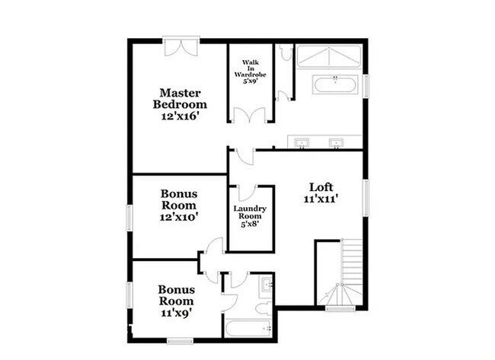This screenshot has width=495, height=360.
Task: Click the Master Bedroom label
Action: tap(179, 98)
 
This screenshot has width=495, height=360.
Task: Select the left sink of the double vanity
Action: tap(303, 142)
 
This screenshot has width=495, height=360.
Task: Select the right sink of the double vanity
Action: tap(337, 142)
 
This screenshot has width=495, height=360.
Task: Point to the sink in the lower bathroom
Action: tap(265, 287)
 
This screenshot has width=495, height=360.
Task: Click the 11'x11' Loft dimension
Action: tap(320, 199)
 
